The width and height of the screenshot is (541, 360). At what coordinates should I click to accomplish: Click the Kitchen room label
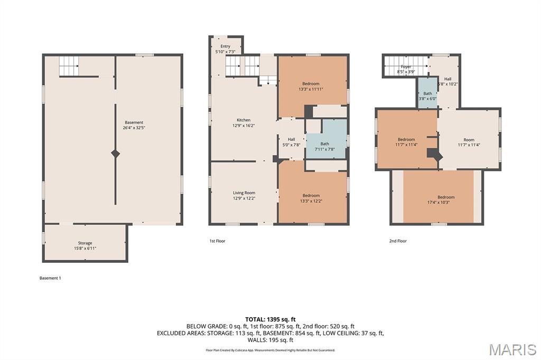point(244,120)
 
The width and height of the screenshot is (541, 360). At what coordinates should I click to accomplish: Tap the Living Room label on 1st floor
point(244,193)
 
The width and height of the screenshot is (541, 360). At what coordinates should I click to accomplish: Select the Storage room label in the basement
point(85,243)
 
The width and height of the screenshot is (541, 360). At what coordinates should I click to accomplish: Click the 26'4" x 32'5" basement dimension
point(134,128)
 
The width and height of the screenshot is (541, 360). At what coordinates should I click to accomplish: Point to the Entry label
point(225,46)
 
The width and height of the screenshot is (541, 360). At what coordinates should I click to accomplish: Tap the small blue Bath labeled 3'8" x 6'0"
point(427,93)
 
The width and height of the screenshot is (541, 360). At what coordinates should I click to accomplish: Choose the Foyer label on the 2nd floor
point(406,67)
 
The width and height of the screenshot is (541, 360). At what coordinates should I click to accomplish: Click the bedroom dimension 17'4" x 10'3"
point(438,202)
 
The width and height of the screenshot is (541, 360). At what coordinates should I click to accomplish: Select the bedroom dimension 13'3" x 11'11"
point(311,89)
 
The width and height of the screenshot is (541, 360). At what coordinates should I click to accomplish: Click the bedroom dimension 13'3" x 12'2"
point(311,201)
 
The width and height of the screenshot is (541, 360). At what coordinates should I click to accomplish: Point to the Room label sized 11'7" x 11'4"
point(469,140)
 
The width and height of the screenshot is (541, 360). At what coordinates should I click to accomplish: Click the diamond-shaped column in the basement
point(116,154)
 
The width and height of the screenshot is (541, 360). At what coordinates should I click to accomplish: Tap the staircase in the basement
point(69,65)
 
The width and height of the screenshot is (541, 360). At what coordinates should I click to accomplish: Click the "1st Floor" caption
point(217,241)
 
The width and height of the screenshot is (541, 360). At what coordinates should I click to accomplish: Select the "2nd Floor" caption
point(398,241)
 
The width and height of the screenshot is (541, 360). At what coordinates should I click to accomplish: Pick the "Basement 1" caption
point(50,278)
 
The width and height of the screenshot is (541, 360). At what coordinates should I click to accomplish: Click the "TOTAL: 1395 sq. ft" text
point(270,319)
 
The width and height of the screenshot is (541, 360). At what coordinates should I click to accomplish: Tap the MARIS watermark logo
point(512,349)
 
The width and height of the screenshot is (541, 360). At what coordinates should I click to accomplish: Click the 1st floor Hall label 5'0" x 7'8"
point(292,139)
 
